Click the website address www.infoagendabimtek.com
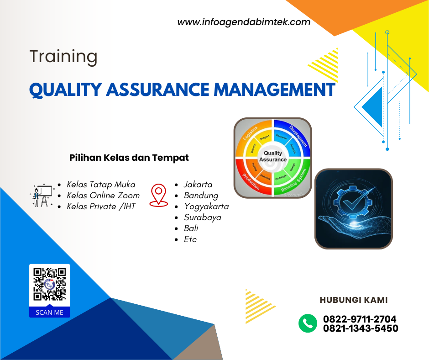(244, 22)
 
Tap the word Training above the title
(63, 57)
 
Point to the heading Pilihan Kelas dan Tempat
(129, 158)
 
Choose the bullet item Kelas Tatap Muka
(101, 185)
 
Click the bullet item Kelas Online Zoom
(103, 196)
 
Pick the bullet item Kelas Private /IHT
(101, 206)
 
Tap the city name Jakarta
(198, 185)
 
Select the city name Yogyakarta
(206, 206)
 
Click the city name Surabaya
(203, 217)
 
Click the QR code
(50, 285)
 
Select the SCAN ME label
(50, 313)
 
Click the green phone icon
(308, 323)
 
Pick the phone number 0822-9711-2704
(360, 319)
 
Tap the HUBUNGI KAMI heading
(354, 300)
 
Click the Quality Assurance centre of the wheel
(273, 157)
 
